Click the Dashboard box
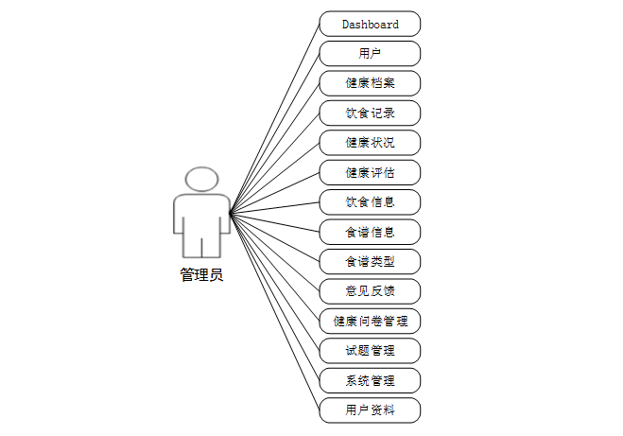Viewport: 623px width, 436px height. pos(370,24)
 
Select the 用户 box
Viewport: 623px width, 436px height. pos(370,53)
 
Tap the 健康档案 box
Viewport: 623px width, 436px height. pos(370,83)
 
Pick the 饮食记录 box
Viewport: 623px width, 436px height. pos(370,113)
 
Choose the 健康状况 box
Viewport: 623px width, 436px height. pos(370,143)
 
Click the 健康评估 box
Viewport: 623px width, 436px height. pos(370,172)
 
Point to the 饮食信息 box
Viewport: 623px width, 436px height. pos(370,201)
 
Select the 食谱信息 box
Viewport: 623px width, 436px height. pos(370,232)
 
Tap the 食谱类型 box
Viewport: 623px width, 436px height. pos(370,261)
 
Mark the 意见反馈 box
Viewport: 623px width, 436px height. pos(370,290)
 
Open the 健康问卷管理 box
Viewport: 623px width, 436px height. pos(370,321)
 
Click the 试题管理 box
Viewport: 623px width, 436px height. pos(370,351)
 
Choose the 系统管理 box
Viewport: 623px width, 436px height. pos(370,381)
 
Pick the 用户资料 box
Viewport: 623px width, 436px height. pos(370,410)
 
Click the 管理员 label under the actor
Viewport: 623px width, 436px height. pos(201,275)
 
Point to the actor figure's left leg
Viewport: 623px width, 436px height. pos(192,244)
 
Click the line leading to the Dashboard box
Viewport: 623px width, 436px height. pos(274,119)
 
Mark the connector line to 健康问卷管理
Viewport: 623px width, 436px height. pos(274,266)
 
